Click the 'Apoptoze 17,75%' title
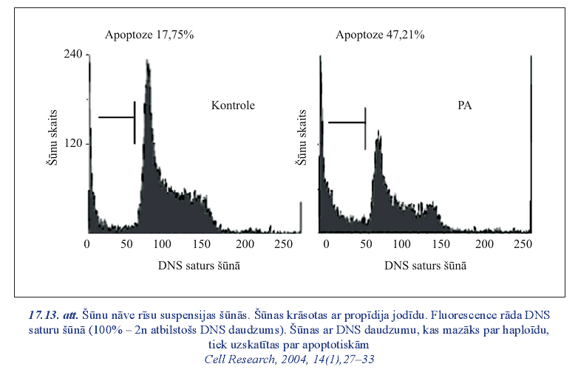[149, 35]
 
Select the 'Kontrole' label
[233, 106]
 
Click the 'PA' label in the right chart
[464, 106]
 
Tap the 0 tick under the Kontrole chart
[87, 245]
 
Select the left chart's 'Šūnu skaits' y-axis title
[52, 143]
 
